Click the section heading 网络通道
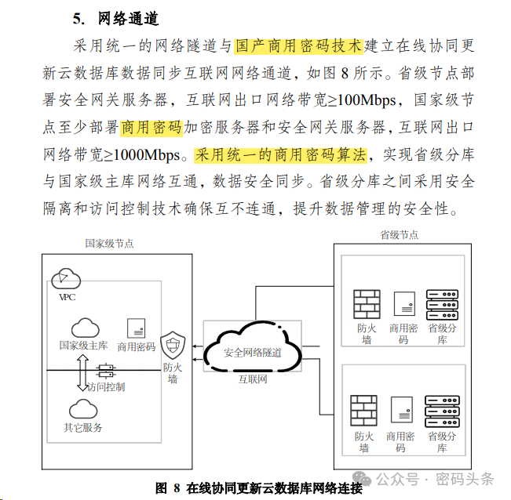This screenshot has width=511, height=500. tap(129, 19)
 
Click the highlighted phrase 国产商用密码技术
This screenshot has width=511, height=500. tap(298, 46)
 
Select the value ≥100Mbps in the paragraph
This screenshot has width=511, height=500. tap(362, 100)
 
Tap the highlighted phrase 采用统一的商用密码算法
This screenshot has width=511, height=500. tap(280, 155)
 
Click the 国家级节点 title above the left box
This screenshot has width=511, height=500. tap(110, 243)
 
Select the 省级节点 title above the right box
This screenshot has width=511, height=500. tap(400, 234)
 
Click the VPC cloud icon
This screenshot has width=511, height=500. tap(66, 278)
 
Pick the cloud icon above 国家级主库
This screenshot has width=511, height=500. tap(85, 328)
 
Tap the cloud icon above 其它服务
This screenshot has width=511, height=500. tap(83, 409)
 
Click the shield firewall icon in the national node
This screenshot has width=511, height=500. tap(173, 345)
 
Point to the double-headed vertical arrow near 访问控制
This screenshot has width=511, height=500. tap(82, 373)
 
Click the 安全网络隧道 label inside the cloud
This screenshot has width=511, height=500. tap(253, 353)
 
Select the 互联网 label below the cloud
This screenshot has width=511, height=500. tap(253, 379)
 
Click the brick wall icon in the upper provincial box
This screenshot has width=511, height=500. tap(367, 304)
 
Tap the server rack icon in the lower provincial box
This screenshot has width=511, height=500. tap(442, 411)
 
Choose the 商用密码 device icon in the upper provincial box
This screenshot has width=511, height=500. tap(404, 303)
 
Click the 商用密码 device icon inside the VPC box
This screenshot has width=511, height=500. tap(137, 328)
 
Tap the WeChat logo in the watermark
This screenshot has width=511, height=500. tap(362, 478)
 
